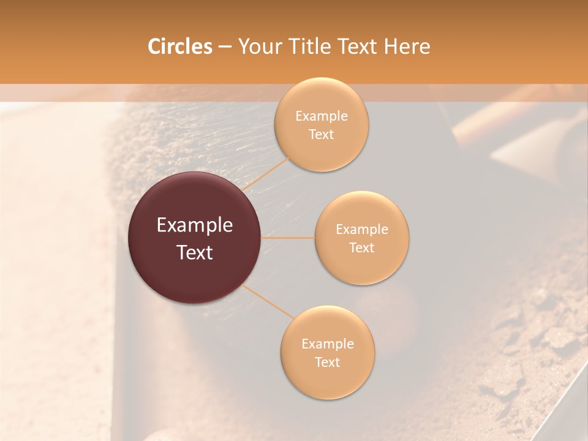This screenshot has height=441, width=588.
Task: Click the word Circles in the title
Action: (179, 46)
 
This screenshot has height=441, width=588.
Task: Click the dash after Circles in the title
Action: (224, 47)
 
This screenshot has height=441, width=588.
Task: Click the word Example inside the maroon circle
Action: (195, 225)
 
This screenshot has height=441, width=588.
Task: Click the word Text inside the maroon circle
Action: (195, 252)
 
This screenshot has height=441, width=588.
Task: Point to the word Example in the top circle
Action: (322, 116)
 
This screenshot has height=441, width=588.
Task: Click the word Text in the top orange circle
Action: (322, 134)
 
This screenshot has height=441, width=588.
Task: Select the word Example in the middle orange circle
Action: (361, 229)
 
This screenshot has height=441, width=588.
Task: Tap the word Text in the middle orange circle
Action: (361, 247)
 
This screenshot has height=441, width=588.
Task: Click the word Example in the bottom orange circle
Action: (328, 344)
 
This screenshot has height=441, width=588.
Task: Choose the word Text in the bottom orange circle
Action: (328, 362)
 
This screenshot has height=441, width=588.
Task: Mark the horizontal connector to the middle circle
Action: (288, 238)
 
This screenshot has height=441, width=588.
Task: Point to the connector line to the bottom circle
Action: (268, 301)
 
